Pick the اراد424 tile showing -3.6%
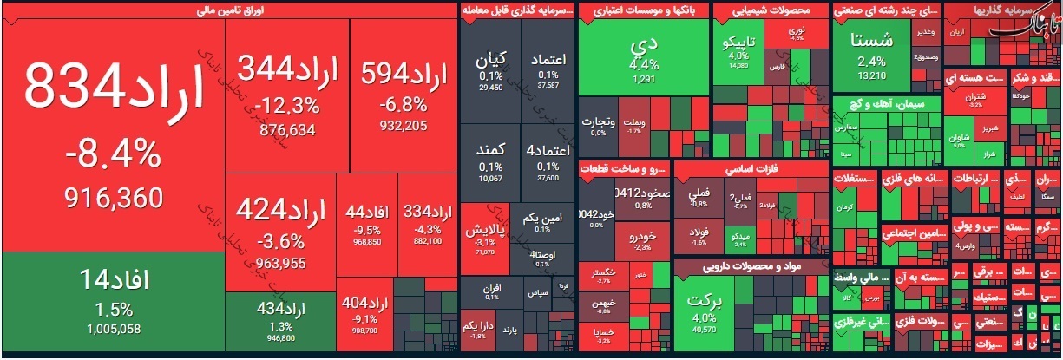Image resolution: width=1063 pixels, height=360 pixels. click(x=280, y=224)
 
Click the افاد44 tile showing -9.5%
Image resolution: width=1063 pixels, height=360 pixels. click(x=366, y=223)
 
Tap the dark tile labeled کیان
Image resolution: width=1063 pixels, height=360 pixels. click(x=490, y=69)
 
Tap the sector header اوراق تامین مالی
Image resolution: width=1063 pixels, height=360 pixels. click(x=230, y=10)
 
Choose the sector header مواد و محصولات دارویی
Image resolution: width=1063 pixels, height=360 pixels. click(x=751, y=266)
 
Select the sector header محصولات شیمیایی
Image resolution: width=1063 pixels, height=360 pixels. click(x=769, y=10)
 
